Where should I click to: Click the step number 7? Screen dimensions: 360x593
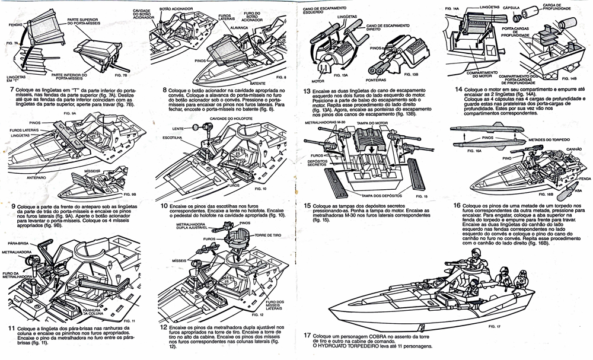click(12, 90)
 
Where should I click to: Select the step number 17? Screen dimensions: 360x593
click(307, 335)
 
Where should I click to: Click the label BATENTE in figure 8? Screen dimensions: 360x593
click(258, 84)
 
